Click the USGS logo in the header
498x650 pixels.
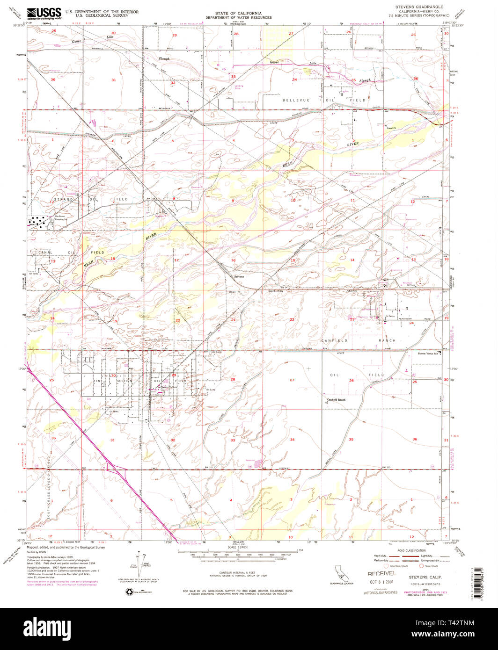pyautogui.click(x=44, y=13)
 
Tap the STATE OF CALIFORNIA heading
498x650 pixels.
pyautogui.click(x=238, y=13)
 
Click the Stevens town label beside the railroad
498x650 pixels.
pyautogui.click(x=239, y=276)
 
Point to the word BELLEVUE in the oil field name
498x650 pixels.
pyautogui.click(x=294, y=100)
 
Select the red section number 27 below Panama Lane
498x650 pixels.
pyautogui.click(x=292, y=380)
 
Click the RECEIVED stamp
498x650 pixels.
pyautogui.click(x=381, y=573)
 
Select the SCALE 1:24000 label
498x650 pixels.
pyautogui.click(x=239, y=547)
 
